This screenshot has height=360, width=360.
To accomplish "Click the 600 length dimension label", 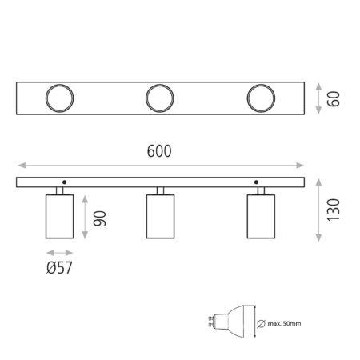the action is pos(159,151).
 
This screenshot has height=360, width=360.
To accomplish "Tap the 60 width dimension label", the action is pos(334,99).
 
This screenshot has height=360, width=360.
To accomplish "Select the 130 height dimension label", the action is pos(334,210).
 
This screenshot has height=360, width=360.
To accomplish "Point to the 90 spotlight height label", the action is pos(100,218).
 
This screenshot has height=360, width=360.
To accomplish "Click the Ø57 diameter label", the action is pos(59,268).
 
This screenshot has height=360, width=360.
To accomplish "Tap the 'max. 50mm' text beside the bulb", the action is pos(284,324).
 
